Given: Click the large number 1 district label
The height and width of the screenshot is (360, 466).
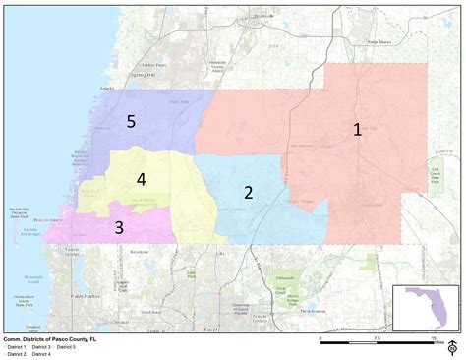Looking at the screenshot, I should tap(358, 129).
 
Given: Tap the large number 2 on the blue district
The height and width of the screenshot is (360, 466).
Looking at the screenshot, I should tap(249, 192).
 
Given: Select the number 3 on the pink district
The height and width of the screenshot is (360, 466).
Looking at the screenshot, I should tap(119, 228).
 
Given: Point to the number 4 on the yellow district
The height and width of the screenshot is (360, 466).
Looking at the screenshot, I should tap(142, 179).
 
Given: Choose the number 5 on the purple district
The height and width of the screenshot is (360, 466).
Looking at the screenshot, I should tap(131, 121).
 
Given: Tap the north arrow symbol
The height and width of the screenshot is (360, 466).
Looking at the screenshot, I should tap(453, 346).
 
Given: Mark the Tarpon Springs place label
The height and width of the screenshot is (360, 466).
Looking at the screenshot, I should tap(71, 252).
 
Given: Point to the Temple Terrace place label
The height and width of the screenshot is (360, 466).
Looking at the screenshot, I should tap(259, 317).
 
